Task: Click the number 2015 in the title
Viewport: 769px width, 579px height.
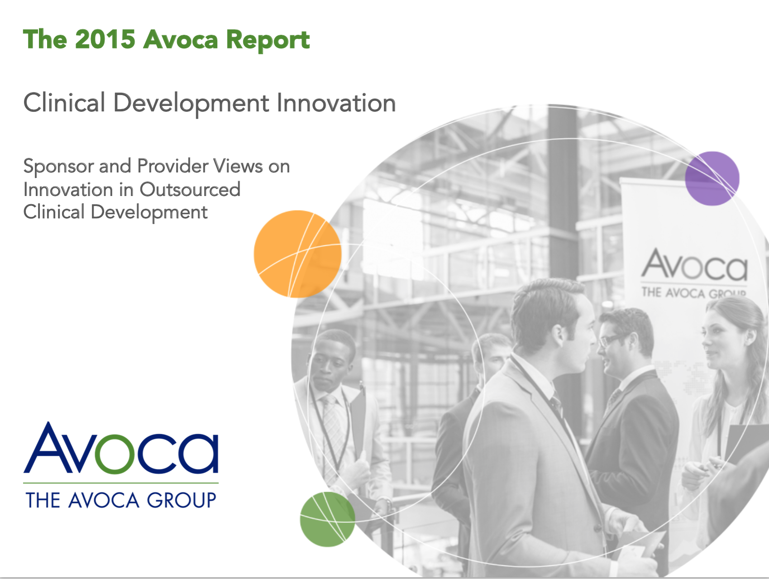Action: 105,39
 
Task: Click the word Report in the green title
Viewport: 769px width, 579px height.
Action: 268,41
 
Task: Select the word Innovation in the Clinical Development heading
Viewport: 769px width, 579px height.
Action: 336,103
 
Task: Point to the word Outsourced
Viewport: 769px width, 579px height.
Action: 190,189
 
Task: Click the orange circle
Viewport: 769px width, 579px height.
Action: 297,254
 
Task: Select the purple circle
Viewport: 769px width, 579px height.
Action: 712,178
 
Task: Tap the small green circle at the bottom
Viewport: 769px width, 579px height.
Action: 327,519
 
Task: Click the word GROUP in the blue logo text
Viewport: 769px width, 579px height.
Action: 182,500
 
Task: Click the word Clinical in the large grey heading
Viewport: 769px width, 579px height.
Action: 64,103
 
